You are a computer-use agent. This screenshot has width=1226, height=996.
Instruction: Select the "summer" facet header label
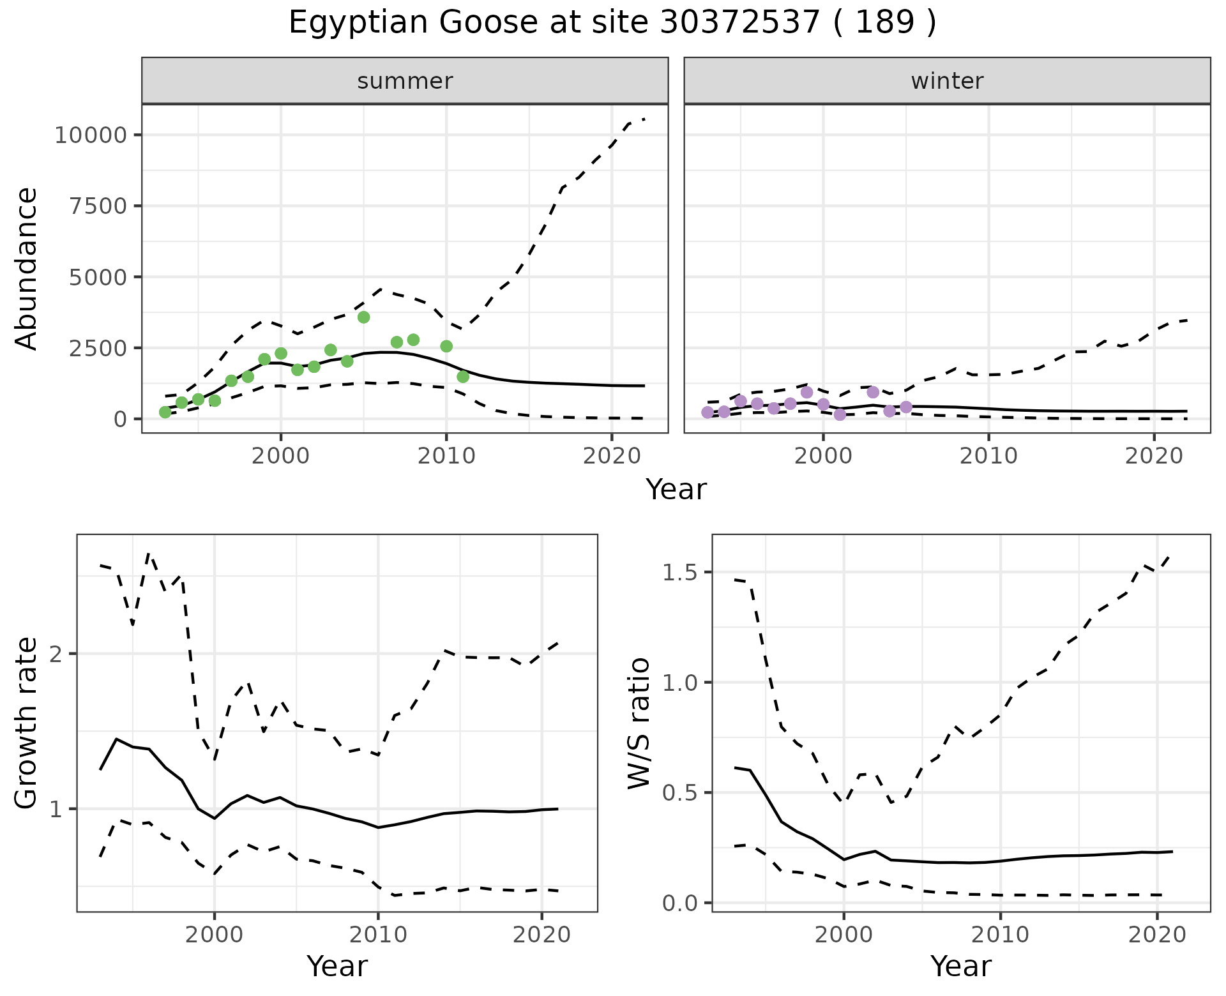point(405,81)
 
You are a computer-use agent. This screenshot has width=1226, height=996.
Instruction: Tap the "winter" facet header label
point(947,81)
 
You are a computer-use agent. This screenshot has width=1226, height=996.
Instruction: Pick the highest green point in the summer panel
point(363,317)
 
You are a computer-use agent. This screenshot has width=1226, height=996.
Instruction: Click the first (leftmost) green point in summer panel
point(165,412)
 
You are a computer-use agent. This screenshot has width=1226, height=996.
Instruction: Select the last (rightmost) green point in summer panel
point(463,377)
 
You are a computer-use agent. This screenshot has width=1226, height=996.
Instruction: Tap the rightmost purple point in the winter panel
point(905,407)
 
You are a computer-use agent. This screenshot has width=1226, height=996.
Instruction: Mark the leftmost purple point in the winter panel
point(708,412)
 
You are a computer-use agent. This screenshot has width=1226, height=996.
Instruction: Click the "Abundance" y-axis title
point(27,268)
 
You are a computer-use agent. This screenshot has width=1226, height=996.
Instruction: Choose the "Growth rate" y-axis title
point(27,723)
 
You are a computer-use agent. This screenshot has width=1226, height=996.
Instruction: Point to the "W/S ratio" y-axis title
point(639,723)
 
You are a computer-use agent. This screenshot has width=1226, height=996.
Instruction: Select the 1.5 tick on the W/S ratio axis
point(679,572)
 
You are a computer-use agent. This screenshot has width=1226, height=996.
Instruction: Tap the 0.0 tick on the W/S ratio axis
point(679,903)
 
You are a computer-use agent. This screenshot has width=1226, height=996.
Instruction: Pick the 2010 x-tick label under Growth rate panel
point(378,935)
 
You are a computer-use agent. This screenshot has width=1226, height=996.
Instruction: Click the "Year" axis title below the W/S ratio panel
point(961,967)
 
